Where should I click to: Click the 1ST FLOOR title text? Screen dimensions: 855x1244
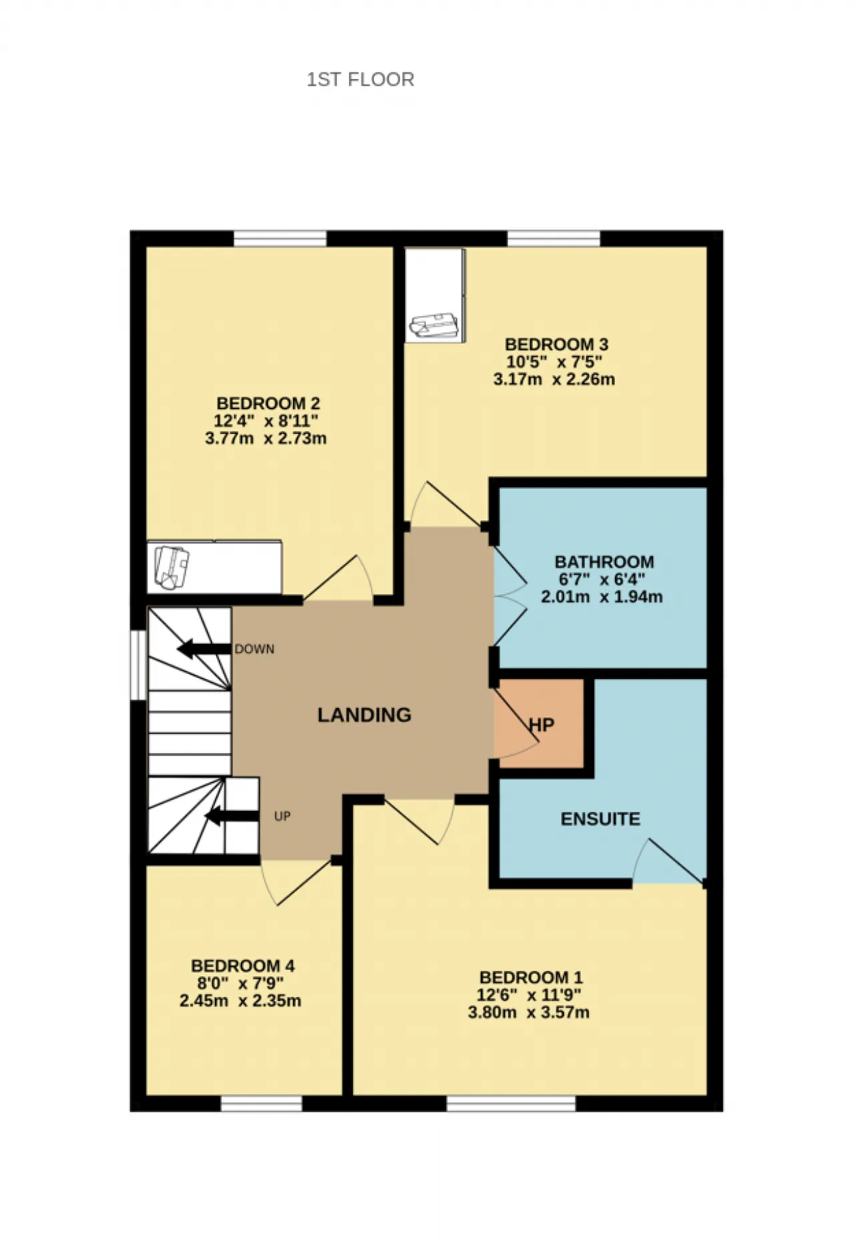361,80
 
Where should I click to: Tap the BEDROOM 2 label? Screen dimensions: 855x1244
268,404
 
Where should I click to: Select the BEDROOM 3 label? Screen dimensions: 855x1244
556,345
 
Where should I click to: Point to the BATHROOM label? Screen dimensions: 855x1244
604,562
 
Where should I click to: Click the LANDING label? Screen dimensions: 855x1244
364,715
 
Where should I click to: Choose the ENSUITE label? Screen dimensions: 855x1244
600,819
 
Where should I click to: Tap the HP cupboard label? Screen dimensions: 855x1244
542,725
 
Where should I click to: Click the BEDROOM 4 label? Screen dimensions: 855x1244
242,966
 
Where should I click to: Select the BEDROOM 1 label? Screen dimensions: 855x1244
531,977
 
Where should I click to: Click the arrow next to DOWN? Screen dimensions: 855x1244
204,649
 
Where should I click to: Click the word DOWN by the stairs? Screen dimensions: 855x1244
254,649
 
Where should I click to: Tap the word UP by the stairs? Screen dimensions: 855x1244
283,816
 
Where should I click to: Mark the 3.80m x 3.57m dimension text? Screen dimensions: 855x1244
528,1012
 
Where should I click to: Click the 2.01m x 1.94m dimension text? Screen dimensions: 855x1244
602,597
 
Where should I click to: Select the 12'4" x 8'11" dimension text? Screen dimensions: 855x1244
266,421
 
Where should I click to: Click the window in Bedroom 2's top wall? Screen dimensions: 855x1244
280,239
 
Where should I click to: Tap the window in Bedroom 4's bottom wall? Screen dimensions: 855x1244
261,1103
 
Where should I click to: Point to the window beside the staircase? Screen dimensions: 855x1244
138,665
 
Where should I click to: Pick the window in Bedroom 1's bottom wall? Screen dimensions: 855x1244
511,1103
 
